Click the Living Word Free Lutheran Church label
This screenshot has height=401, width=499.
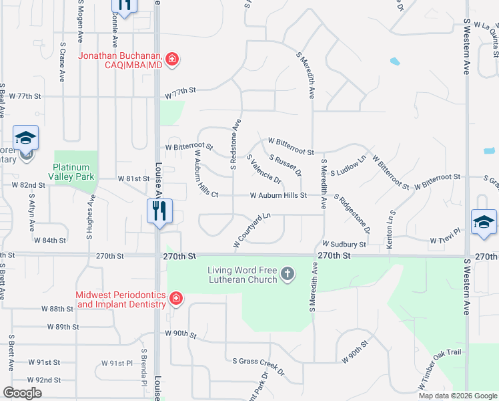coord(241,275)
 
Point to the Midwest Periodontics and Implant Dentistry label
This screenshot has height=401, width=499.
coord(120,299)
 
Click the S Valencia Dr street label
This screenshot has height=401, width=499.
coord(264,170)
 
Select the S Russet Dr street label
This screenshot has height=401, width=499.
coord(286,164)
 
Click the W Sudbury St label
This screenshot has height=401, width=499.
coord(344,245)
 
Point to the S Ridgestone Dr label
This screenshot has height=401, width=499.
coord(352,214)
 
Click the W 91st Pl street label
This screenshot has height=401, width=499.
coord(117,363)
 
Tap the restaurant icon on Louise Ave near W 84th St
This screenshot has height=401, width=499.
coord(159,212)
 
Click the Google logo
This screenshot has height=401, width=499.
coord(22,393)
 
